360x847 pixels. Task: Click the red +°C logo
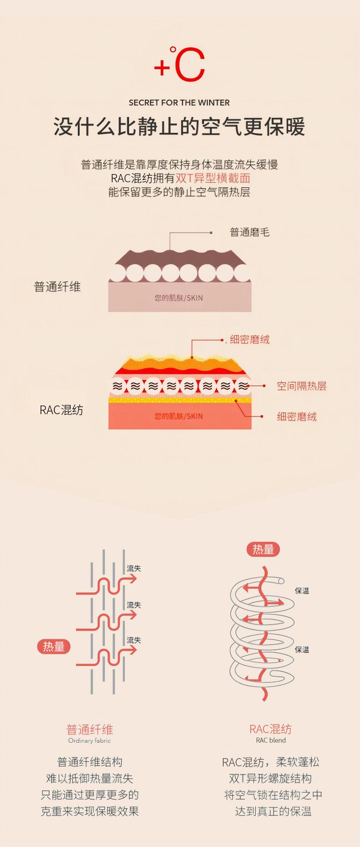180,65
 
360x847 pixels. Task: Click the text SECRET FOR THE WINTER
179,103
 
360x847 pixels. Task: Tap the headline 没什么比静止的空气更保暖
179,127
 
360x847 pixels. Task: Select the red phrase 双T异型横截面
213,178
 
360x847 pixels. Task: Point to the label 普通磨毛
249,232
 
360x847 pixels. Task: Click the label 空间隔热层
301,386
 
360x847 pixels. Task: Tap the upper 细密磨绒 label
249,339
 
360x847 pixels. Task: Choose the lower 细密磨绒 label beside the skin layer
297,416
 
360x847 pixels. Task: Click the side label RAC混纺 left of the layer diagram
62,410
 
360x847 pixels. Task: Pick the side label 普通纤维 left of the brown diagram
57,287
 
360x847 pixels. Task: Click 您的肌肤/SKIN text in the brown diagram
179,298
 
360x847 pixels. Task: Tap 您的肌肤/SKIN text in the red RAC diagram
179,416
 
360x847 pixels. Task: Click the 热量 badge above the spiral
263,549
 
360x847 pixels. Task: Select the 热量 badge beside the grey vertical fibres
54,647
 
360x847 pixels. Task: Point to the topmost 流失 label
134,569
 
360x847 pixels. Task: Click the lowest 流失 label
134,640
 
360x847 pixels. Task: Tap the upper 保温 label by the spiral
302,591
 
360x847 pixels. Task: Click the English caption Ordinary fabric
89,741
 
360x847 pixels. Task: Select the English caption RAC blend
271,740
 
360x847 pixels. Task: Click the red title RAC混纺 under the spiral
271,729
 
